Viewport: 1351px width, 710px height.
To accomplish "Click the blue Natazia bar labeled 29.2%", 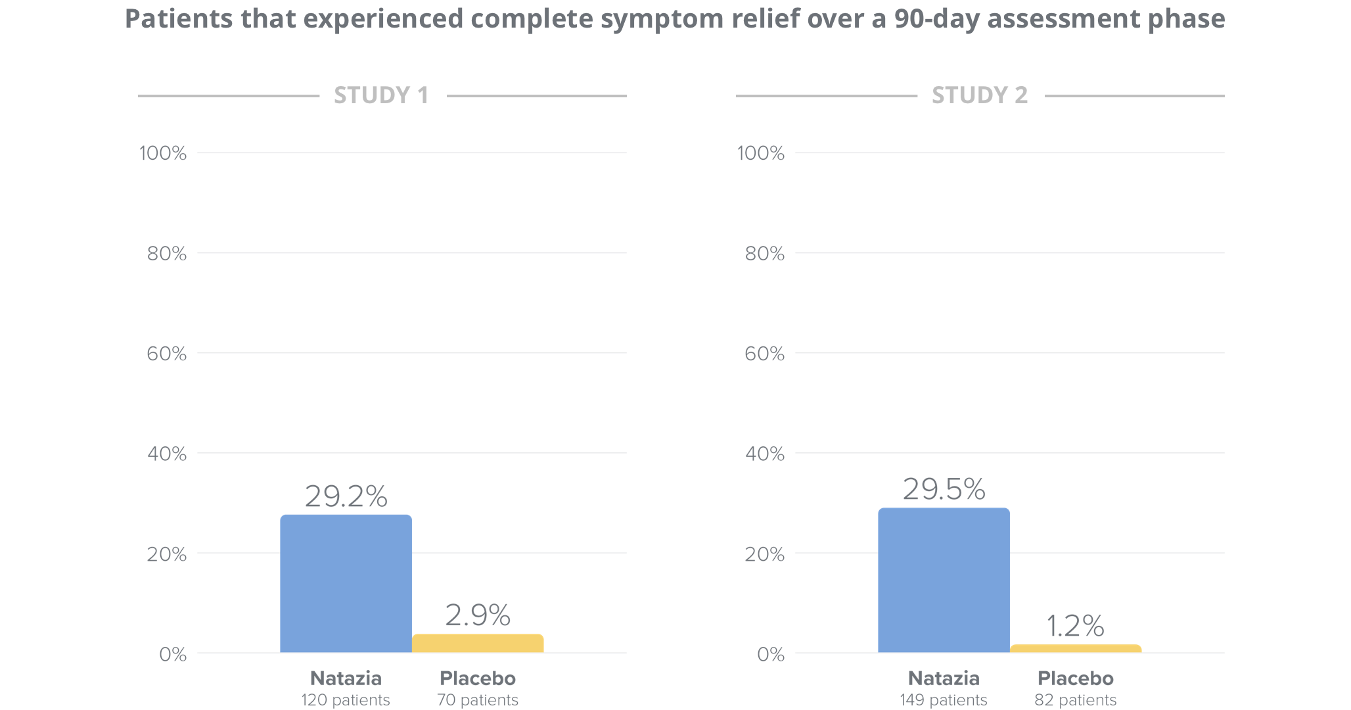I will [346, 583].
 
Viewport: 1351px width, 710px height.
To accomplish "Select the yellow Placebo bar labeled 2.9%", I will [478, 644].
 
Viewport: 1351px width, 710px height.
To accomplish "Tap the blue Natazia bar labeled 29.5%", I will [944, 580].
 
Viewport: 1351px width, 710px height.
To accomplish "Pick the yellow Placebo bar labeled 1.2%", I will [1076, 649].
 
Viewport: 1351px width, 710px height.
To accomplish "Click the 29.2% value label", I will [346, 496].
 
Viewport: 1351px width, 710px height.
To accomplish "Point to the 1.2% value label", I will [1075, 626].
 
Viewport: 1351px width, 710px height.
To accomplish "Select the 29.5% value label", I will [944, 489].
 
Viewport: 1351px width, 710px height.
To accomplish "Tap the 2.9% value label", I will [478, 615].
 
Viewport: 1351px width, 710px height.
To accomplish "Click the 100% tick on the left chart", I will [163, 154].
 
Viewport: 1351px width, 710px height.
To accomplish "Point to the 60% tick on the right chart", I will [764, 354].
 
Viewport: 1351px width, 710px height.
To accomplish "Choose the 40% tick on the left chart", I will [166, 454].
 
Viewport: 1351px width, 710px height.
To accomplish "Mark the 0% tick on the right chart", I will [770, 655].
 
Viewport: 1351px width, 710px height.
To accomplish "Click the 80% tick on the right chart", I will [764, 254].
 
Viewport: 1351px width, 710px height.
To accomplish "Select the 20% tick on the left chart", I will [166, 555].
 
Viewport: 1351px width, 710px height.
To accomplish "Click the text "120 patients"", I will [346, 700].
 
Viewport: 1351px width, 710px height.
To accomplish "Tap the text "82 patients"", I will [1075, 700].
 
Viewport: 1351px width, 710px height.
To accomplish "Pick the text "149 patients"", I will [944, 700].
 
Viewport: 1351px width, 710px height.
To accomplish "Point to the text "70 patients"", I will [478, 700].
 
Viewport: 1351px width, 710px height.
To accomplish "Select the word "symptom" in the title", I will [664, 20].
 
